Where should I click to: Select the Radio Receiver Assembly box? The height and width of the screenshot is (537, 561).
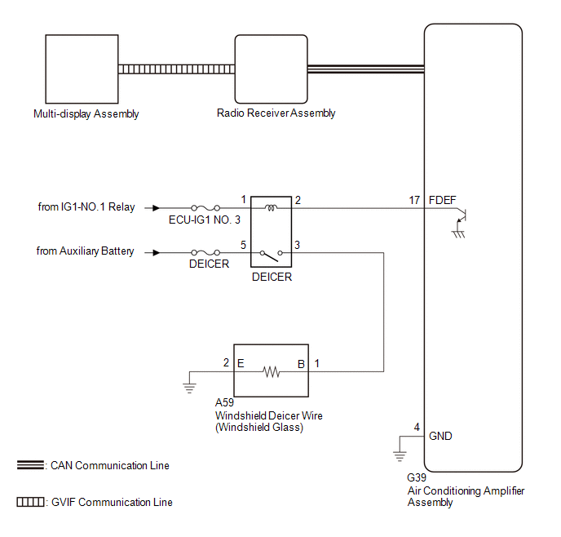[x=272, y=69]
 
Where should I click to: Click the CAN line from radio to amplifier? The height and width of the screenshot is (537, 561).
[x=365, y=69]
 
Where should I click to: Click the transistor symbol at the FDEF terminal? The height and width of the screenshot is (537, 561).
[x=463, y=216]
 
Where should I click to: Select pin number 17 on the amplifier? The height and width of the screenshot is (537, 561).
[x=414, y=200]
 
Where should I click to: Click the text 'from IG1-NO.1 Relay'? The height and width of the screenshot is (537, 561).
[x=86, y=207]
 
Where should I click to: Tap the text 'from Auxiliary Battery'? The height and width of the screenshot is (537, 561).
[x=86, y=251]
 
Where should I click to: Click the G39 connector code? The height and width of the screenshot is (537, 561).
[x=416, y=478]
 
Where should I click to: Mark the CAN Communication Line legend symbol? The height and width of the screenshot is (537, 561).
[x=30, y=465]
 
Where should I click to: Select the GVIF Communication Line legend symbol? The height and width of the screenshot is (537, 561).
[x=30, y=502]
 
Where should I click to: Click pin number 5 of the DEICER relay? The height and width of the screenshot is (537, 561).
[x=243, y=245]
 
